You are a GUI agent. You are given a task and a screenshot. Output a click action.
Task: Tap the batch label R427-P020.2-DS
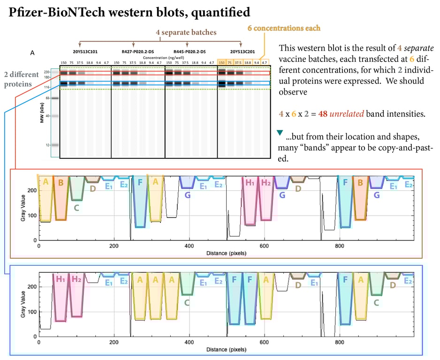coord(133,51)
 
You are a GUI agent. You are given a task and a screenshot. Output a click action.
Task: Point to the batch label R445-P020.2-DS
coord(187,51)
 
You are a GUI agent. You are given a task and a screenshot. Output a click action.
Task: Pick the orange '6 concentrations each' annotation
coord(284,28)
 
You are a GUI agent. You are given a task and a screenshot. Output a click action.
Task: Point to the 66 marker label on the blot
coord(48,98)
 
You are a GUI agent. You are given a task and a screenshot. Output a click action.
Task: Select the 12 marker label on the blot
coord(48,145)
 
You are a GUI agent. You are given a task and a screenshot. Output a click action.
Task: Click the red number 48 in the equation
coord(321,114)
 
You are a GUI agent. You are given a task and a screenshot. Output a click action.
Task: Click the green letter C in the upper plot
coord(76,206)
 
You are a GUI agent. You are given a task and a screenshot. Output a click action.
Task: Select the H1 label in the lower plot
coord(60,279)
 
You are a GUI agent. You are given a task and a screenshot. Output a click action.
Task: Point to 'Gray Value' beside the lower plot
coord(23,302)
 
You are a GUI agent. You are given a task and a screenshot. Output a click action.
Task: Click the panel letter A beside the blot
coord(32,53)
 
